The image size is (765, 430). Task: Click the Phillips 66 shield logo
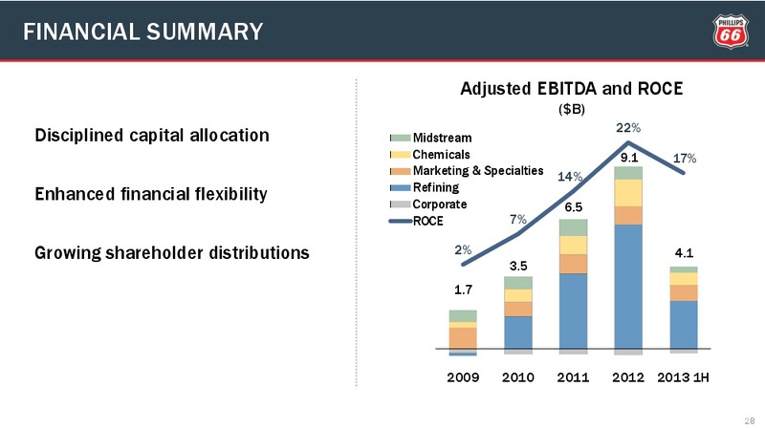coord(731,32)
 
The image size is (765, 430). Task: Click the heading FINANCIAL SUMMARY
coord(142,32)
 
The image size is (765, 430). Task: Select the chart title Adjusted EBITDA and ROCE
coord(571,89)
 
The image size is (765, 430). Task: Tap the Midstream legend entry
coord(431,138)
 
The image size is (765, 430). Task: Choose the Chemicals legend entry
coord(429,155)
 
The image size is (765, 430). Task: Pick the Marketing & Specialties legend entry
coord(467,171)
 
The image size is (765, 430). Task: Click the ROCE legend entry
coord(416,221)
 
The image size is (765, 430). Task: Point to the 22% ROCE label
coord(628,128)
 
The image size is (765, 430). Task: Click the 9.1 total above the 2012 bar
coord(629,158)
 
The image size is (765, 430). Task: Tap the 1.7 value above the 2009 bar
coord(463,290)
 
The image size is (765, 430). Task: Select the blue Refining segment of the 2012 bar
coord(628,287)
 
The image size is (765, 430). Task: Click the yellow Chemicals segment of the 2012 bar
coord(628,193)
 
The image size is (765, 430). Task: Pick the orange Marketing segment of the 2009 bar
coord(463,338)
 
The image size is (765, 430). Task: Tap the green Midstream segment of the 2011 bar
coord(573,227)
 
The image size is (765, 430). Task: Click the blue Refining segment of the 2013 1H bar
coord(684,325)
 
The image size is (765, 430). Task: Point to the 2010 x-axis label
coord(518,377)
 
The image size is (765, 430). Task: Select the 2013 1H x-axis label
coord(683,377)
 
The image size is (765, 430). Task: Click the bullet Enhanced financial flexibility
coord(151,194)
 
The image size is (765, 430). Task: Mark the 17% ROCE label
coord(685,159)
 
